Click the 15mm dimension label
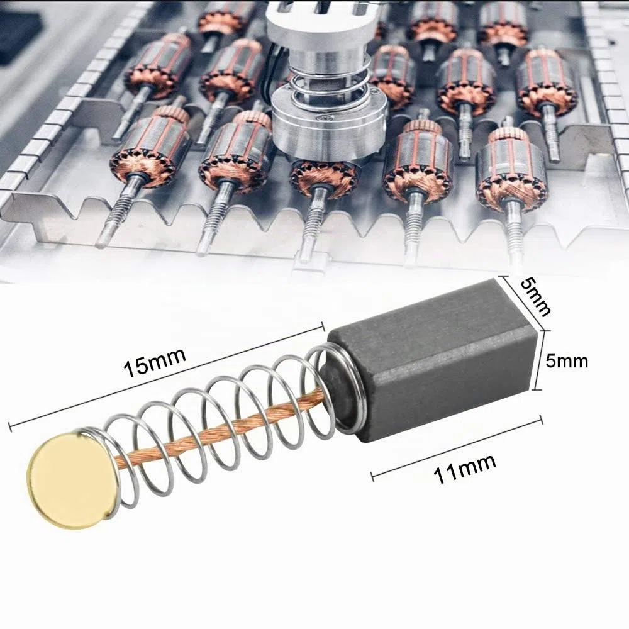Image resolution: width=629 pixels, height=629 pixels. (155, 363)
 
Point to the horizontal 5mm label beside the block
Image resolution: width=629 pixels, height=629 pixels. (567, 362)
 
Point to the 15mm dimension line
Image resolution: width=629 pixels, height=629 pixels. (166, 376)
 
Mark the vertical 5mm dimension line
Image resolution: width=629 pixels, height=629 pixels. (540, 360)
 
